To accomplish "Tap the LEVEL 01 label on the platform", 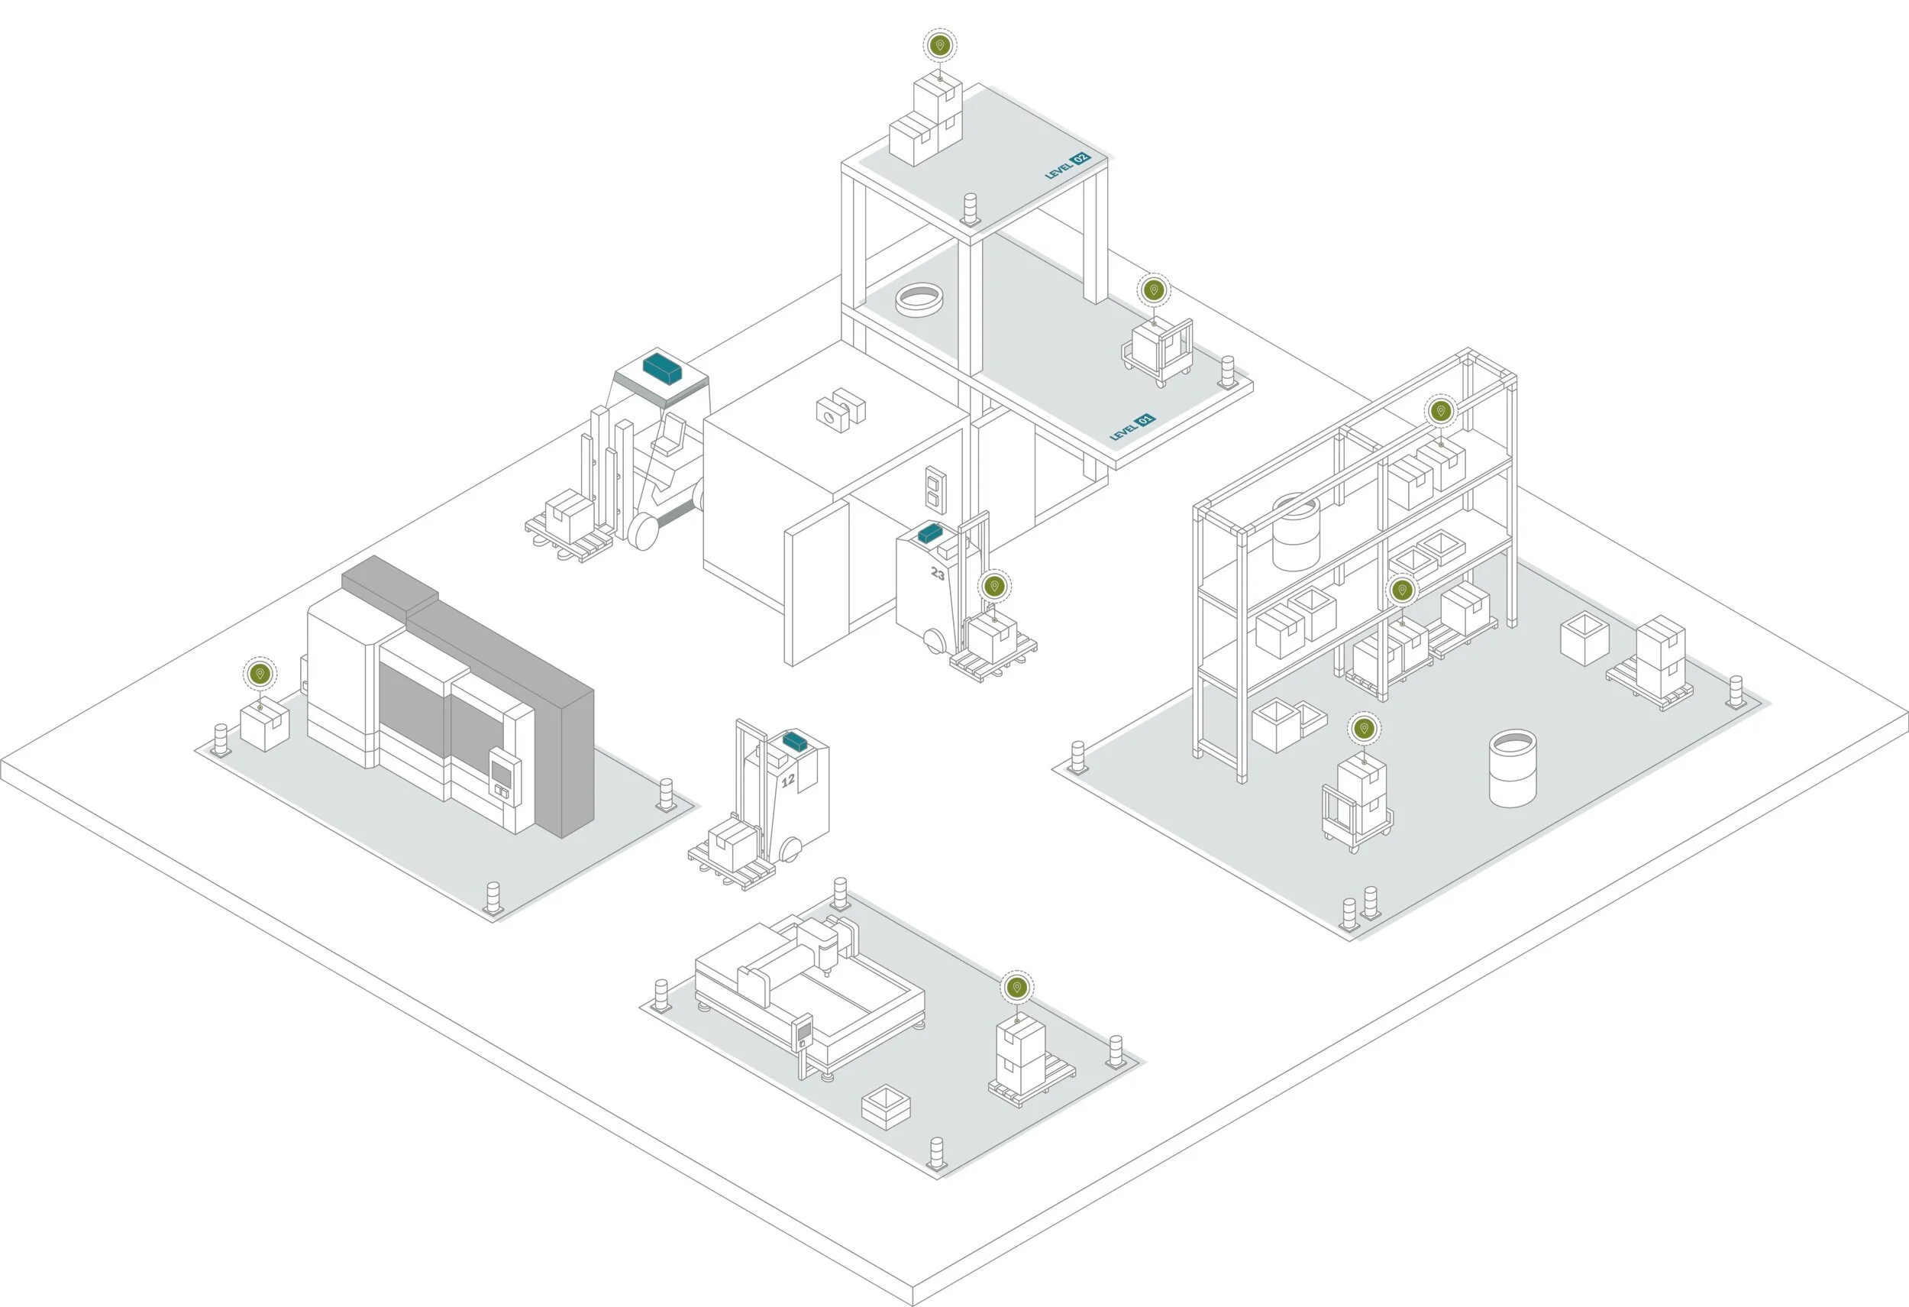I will (x=1132, y=427).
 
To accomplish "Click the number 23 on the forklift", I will (x=937, y=574).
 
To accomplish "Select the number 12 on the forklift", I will (x=788, y=780).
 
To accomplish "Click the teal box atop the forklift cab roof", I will (x=662, y=368).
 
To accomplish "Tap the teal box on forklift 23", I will (x=930, y=533).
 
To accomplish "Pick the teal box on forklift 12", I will (x=794, y=741).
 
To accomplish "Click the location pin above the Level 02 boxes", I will (x=941, y=45).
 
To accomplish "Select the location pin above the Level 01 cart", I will (x=1153, y=290).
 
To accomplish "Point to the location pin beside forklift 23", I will (x=994, y=586).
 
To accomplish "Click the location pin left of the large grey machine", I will (x=260, y=674).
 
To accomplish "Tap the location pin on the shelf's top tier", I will (x=1440, y=411).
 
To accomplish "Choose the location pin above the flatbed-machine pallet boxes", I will (x=1017, y=987).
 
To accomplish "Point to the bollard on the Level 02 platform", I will (x=971, y=209).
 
